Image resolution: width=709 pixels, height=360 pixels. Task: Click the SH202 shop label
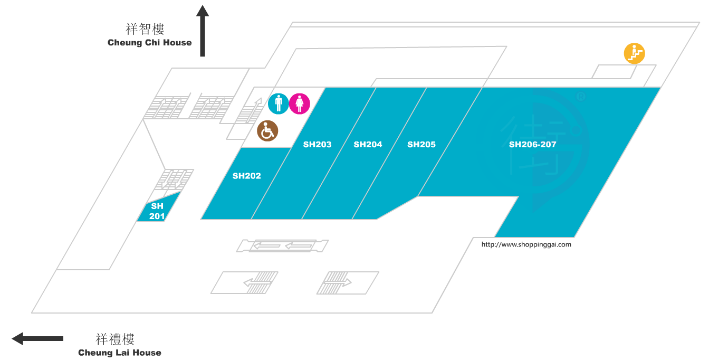click(246, 176)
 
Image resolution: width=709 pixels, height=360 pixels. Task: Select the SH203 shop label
click(317, 144)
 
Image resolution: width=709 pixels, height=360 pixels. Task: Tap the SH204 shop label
click(368, 144)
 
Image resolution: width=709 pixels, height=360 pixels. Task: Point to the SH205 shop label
click(421, 144)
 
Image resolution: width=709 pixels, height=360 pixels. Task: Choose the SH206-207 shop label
click(532, 144)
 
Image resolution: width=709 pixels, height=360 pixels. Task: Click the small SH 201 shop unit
click(157, 211)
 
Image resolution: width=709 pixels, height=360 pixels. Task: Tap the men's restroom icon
click(279, 103)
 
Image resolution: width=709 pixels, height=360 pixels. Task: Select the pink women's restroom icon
click(300, 103)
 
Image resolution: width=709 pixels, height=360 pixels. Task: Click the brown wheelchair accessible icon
click(267, 131)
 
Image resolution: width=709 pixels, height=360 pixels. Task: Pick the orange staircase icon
click(634, 53)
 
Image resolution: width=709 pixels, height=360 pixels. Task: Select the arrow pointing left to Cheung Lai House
click(37, 338)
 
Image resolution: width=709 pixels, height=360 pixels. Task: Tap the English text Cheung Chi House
click(149, 43)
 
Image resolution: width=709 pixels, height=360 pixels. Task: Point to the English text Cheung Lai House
click(120, 353)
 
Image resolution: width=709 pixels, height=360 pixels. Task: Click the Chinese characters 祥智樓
click(145, 29)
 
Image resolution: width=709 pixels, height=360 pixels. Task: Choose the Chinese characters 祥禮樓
click(115, 339)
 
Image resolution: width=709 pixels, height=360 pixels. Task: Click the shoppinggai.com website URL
click(526, 244)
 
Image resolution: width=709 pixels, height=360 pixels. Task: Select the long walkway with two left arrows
click(282, 245)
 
